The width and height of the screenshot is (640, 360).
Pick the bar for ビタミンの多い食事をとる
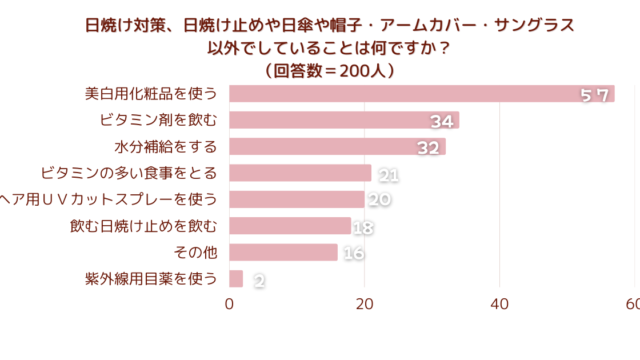(300, 173)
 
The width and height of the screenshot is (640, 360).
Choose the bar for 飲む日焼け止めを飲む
(290, 226)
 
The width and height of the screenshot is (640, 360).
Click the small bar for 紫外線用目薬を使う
(236, 279)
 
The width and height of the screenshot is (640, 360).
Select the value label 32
(429, 148)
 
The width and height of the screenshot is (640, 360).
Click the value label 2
(259, 281)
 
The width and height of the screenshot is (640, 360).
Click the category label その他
(196, 252)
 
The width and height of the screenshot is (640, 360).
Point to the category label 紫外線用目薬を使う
(151, 279)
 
